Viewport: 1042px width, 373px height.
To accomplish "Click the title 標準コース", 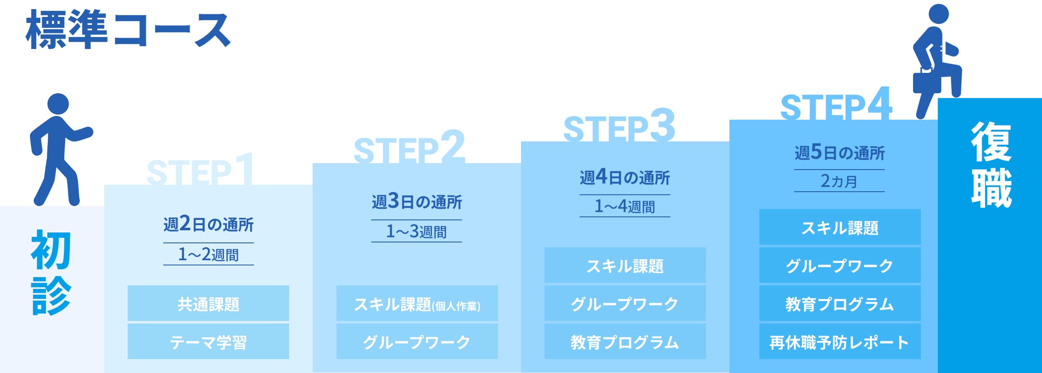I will point(128,29).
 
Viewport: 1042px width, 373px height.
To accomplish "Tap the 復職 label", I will point(991,165).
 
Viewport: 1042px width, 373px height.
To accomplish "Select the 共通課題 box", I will point(208,304).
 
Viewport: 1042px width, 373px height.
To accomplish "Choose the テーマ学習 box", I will point(208,342).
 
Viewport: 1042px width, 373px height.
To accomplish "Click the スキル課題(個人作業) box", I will point(417,304).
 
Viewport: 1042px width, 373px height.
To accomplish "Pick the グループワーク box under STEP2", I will point(417,342).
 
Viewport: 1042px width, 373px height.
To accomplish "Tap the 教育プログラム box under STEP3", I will point(625,342).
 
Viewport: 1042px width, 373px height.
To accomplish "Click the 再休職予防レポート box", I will point(840,342).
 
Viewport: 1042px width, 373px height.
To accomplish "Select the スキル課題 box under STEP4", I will point(840,227).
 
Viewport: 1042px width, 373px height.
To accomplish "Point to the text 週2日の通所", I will point(208,224).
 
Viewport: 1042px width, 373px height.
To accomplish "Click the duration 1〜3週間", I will point(416,231).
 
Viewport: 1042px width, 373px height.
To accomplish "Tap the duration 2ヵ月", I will point(839,180).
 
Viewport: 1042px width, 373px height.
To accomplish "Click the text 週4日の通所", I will point(625,177).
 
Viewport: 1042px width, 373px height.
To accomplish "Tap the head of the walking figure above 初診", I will point(58,105).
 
